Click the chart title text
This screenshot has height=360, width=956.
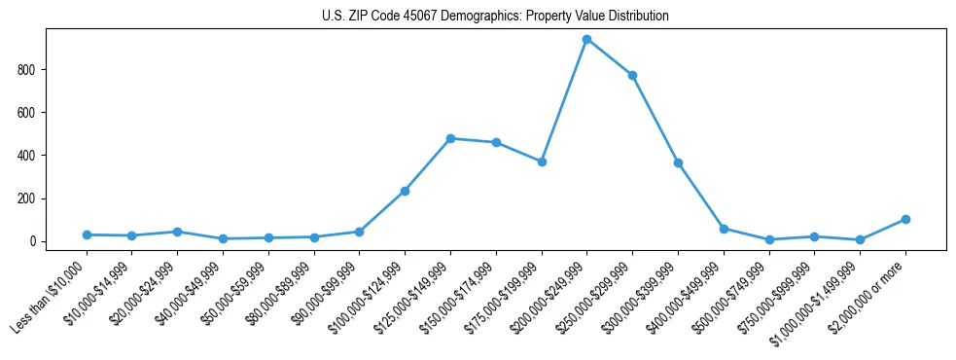click(x=495, y=17)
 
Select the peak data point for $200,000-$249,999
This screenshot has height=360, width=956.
click(x=586, y=40)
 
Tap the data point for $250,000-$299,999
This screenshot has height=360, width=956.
click(x=632, y=75)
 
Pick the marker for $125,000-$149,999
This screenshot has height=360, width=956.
click(x=450, y=138)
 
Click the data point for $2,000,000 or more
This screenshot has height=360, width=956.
click(x=905, y=219)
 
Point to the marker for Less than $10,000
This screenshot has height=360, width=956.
click(x=87, y=234)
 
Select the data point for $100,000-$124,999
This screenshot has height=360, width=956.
click(x=405, y=191)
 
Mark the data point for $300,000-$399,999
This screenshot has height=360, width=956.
click(x=678, y=162)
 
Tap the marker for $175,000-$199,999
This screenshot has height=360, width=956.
click(x=542, y=162)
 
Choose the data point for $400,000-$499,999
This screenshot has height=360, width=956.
click(x=724, y=229)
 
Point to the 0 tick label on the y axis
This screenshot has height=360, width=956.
click(x=31, y=241)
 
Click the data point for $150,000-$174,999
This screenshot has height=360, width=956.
click(x=496, y=142)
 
